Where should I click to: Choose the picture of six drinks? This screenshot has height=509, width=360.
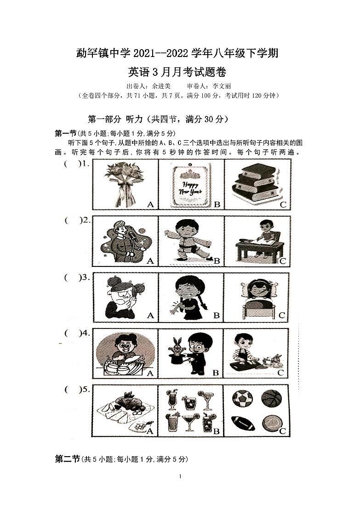coord(190,410)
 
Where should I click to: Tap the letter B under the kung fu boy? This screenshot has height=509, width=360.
coord(216,261)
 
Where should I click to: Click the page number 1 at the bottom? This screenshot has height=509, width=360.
coord(181,476)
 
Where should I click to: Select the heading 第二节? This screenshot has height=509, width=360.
coord(68,459)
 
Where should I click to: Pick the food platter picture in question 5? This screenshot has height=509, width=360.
coord(124,410)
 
